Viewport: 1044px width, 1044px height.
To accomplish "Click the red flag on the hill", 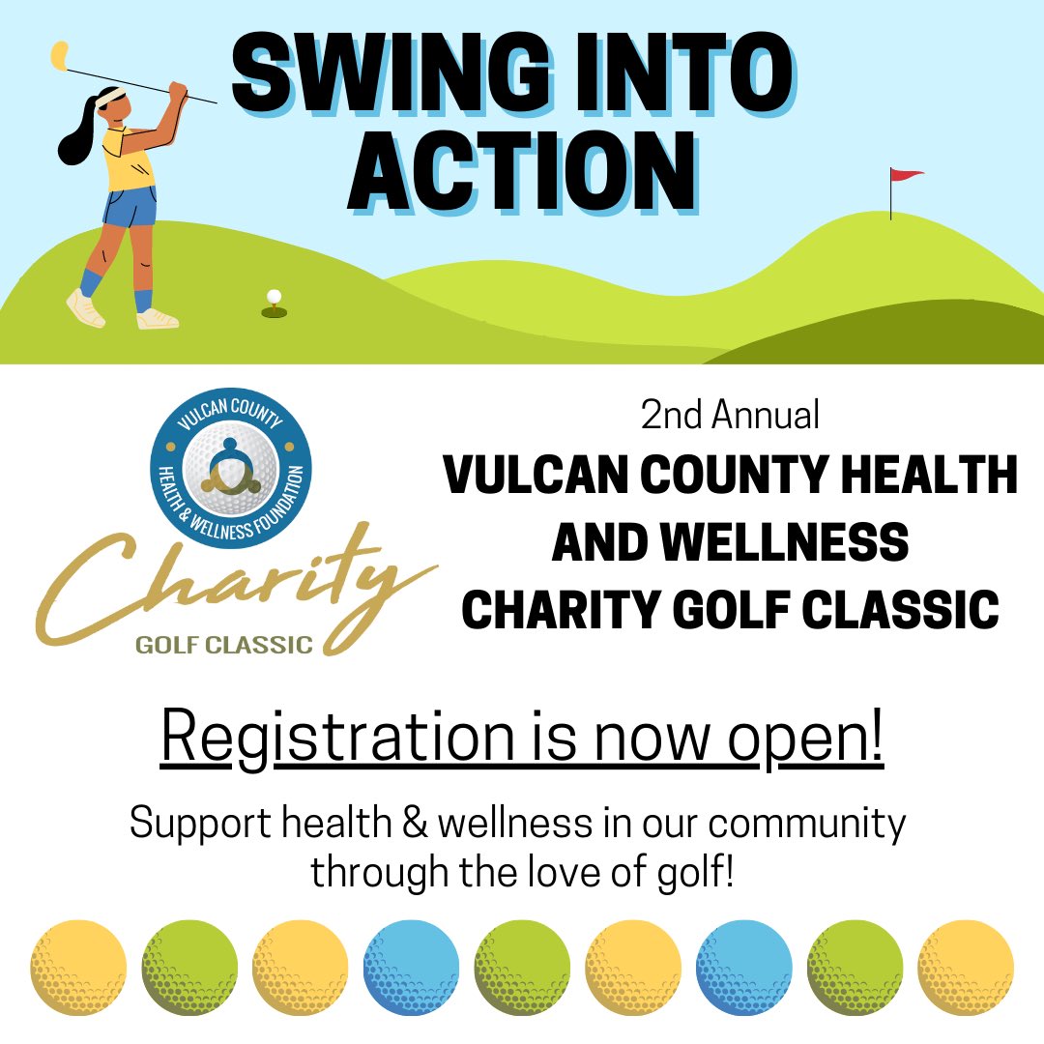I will coord(905,175).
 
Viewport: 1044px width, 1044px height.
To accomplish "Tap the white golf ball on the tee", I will coord(275,296).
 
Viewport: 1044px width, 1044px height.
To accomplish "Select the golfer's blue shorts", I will coord(128,205).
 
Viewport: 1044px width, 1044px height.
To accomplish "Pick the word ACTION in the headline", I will coord(523,173).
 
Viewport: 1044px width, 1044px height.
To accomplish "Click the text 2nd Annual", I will coord(730,415).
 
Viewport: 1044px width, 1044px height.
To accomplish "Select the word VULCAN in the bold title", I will coord(536,477).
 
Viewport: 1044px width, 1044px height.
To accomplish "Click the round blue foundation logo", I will coord(230,465).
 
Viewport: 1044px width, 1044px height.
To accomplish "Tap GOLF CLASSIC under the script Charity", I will coord(224,645).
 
